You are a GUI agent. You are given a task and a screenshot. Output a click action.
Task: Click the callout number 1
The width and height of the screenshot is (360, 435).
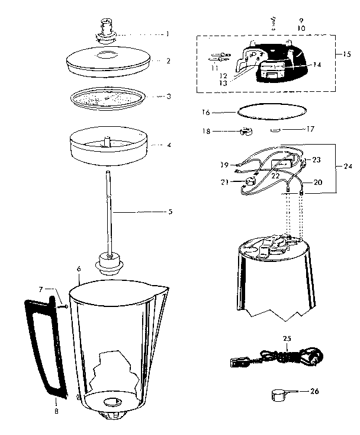tap(168, 34)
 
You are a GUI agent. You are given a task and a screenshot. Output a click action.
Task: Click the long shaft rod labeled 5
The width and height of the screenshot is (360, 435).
tap(110, 207)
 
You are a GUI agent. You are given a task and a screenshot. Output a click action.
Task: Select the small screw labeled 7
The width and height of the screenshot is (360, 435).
tap(63, 306)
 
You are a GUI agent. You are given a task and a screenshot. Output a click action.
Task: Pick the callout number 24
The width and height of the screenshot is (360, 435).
tap(347, 167)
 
